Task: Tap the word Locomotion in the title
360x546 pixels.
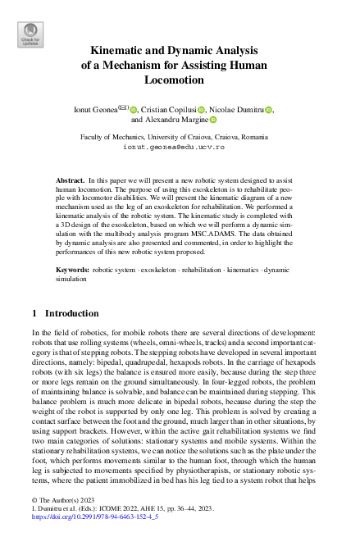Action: pos(180,80)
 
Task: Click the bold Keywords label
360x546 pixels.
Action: pos(71,269)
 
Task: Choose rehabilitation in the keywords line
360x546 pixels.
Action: pos(203,269)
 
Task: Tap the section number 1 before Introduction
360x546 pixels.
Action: pos(34,313)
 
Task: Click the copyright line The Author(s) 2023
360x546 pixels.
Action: pos(59,499)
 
